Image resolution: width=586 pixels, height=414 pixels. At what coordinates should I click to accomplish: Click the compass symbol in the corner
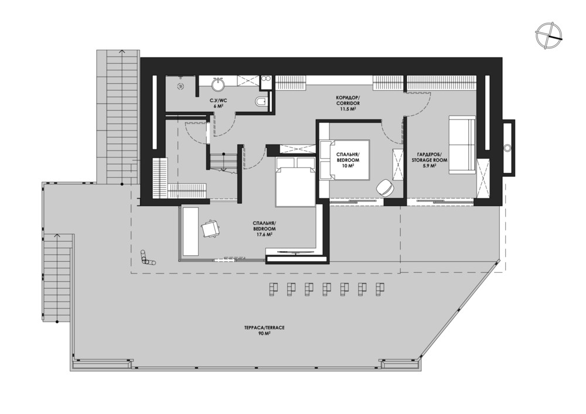548,35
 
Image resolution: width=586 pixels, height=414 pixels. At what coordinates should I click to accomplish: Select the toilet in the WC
263,101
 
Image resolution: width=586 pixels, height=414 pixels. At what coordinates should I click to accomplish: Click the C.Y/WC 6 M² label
218,102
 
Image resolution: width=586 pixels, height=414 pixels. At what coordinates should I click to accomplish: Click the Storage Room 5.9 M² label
430,160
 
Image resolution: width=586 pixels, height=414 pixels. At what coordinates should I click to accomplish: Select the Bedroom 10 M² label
347,160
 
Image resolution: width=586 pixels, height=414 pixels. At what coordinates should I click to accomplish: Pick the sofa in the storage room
462,145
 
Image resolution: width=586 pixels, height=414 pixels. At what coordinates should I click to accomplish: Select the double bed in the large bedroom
295,181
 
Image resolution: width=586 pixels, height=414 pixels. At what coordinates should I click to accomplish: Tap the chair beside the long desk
211,228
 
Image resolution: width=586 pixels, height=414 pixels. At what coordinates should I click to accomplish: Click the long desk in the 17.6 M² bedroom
190,231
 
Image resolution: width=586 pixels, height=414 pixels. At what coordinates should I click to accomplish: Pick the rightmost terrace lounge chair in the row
380,289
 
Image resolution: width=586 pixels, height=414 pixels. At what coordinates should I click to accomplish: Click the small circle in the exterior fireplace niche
507,148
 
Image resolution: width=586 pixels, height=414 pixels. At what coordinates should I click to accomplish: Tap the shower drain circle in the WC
180,86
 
